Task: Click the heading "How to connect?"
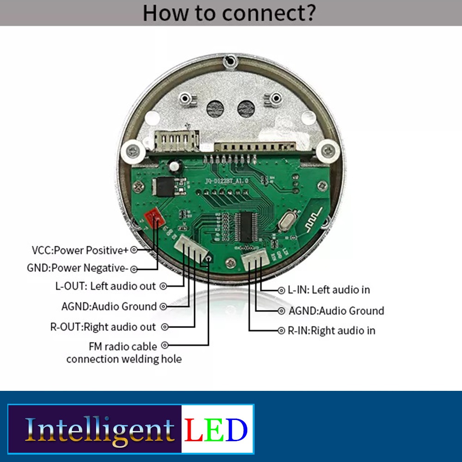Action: click(x=229, y=12)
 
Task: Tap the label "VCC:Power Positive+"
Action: click(x=80, y=250)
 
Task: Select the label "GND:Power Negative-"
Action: click(x=78, y=268)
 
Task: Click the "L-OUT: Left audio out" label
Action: click(x=106, y=286)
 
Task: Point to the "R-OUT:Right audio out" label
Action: click(x=103, y=327)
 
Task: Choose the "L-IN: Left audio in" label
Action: click(x=329, y=290)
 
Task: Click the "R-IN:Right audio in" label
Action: click(x=331, y=331)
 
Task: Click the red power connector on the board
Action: click(x=153, y=216)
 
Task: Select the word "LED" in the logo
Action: click(x=216, y=429)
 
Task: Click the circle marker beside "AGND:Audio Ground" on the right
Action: click(x=281, y=311)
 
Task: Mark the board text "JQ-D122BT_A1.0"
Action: click(x=226, y=182)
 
